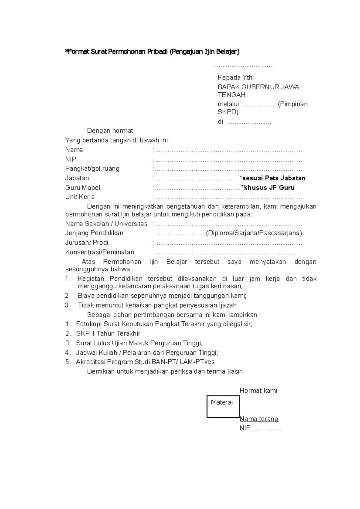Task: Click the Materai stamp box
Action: (x=223, y=407)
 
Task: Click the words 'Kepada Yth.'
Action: (x=236, y=78)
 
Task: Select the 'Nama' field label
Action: (x=74, y=150)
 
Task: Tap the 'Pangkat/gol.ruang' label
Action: (x=92, y=168)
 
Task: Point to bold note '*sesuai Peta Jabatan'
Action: (x=272, y=178)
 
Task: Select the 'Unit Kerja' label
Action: (x=80, y=197)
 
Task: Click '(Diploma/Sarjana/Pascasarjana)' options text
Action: (x=254, y=233)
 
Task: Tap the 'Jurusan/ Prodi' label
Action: (x=86, y=243)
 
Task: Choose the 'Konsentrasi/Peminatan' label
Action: (x=100, y=252)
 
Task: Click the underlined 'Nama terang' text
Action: (x=259, y=418)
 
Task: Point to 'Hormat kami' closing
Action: (x=258, y=391)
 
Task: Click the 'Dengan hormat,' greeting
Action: (x=111, y=131)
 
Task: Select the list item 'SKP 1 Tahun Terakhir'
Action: (x=108, y=333)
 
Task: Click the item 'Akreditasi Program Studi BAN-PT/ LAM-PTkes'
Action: (x=145, y=362)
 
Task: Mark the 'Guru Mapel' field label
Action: (x=82, y=188)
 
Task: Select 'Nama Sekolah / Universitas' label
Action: (x=106, y=224)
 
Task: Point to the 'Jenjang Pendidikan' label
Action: (x=94, y=233)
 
